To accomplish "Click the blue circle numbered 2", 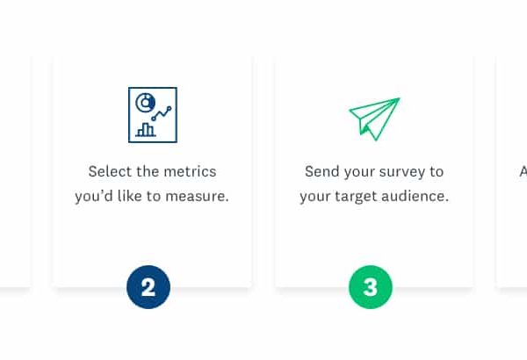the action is point(148,287).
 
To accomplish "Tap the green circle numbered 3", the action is point(371,287).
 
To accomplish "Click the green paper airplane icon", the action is point(374,119).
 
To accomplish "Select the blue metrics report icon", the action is point(153,115).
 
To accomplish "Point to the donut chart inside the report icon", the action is point(146,102).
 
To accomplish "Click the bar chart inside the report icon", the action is point(146,130).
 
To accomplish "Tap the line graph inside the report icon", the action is point(162,113).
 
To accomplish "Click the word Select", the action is point(110,171).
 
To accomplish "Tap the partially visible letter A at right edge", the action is point(523,171).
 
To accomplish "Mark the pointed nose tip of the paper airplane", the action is point(400,98).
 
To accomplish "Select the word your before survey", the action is point(359,172).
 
